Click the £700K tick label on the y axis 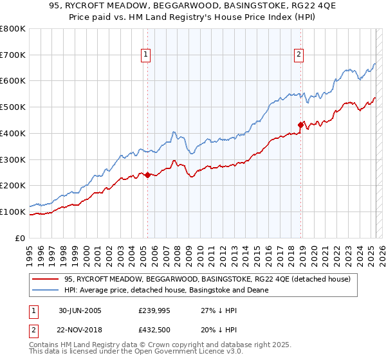(x=13, y=55)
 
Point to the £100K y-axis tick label (x=13, y=212)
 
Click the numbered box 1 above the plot (x=147, y=55)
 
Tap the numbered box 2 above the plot (x=299, y=55)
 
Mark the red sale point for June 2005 (x=148, y=175)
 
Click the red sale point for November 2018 (x=300, y=125)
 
